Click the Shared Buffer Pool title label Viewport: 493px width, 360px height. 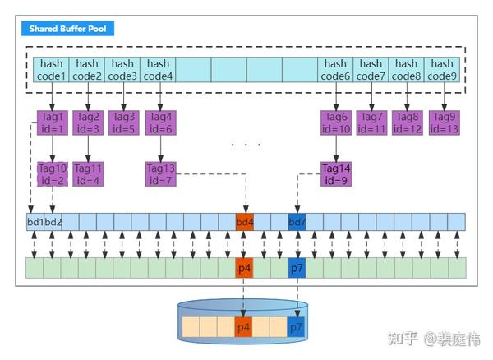pyautogui.click(x=69, y=29)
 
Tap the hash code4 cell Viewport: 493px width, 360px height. pyautogui.click(x=158, y=70)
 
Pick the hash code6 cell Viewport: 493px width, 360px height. pyautogui.click(x=335, y=70)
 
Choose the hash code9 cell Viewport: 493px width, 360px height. pyautogui.click(x=442, y=70)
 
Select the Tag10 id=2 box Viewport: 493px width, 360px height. pyautogui.click(x=52, y=174)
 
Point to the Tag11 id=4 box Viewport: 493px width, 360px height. pyautogui.click(x=87, y=174)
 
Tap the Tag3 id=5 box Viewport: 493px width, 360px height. pyautogui.click(x=122, y=122)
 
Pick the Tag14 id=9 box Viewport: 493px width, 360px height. pyautogui.click(x=335, y=174)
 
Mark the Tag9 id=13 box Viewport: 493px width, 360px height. pyautogui.click(x=442, y=122)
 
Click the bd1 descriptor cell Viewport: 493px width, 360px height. pyautogui.click(x=35, y=222)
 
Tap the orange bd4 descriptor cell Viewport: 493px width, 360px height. pyautogui.click(x=245, y=222)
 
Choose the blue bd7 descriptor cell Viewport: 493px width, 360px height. pyautogui.click(x=297, y=222)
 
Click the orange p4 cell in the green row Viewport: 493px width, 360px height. pyautogui.click(x=245, y=268)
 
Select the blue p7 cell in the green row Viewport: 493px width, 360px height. pyautogui.click(x=297, y=268)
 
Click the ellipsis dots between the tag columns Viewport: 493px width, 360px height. pyautogui.click(x=246, y=145)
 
